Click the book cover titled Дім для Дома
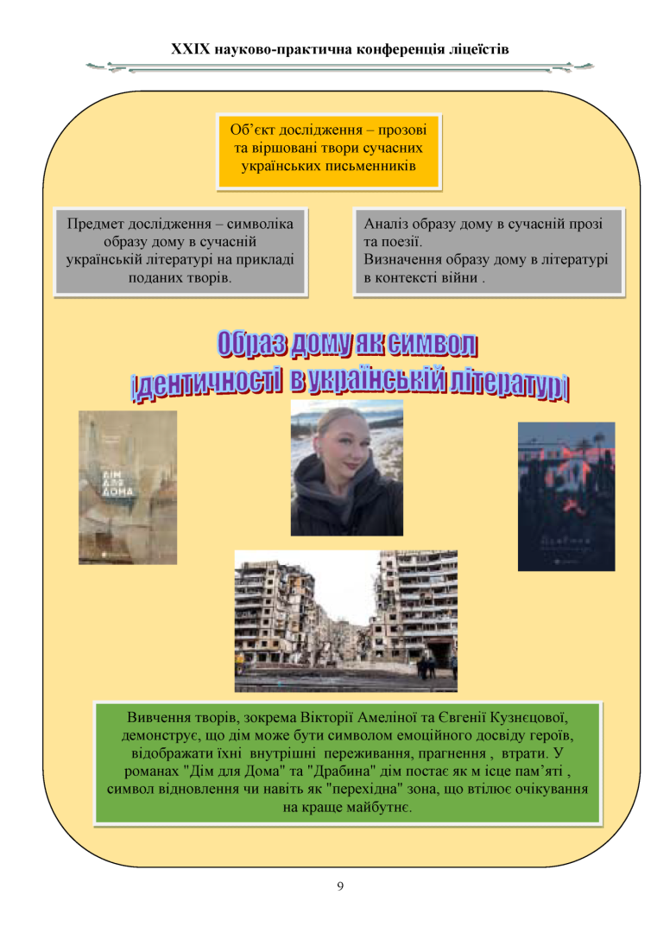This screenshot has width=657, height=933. (128, 487)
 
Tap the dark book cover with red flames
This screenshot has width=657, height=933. (565, 496)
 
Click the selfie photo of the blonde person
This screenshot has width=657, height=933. (346, 467)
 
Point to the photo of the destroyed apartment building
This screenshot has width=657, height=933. (345, 620)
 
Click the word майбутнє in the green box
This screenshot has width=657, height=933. (377, 808)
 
